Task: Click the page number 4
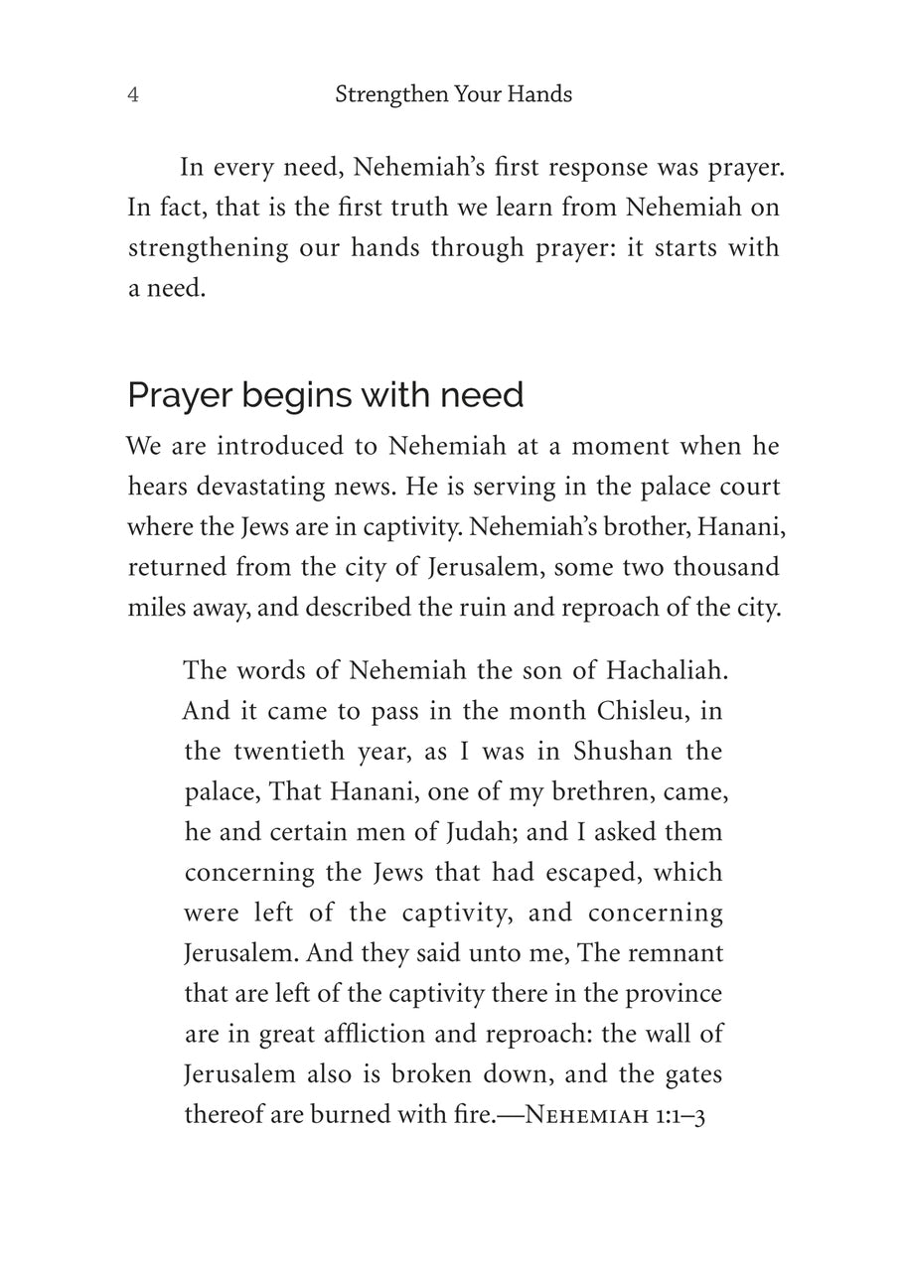[x=133, y=95]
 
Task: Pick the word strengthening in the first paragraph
[x=207, y=248]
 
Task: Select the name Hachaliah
[x=663, y=670]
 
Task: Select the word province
[x=674, y=993]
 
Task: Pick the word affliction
[x=365, y=1034]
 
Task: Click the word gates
[x=693, y=1074]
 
